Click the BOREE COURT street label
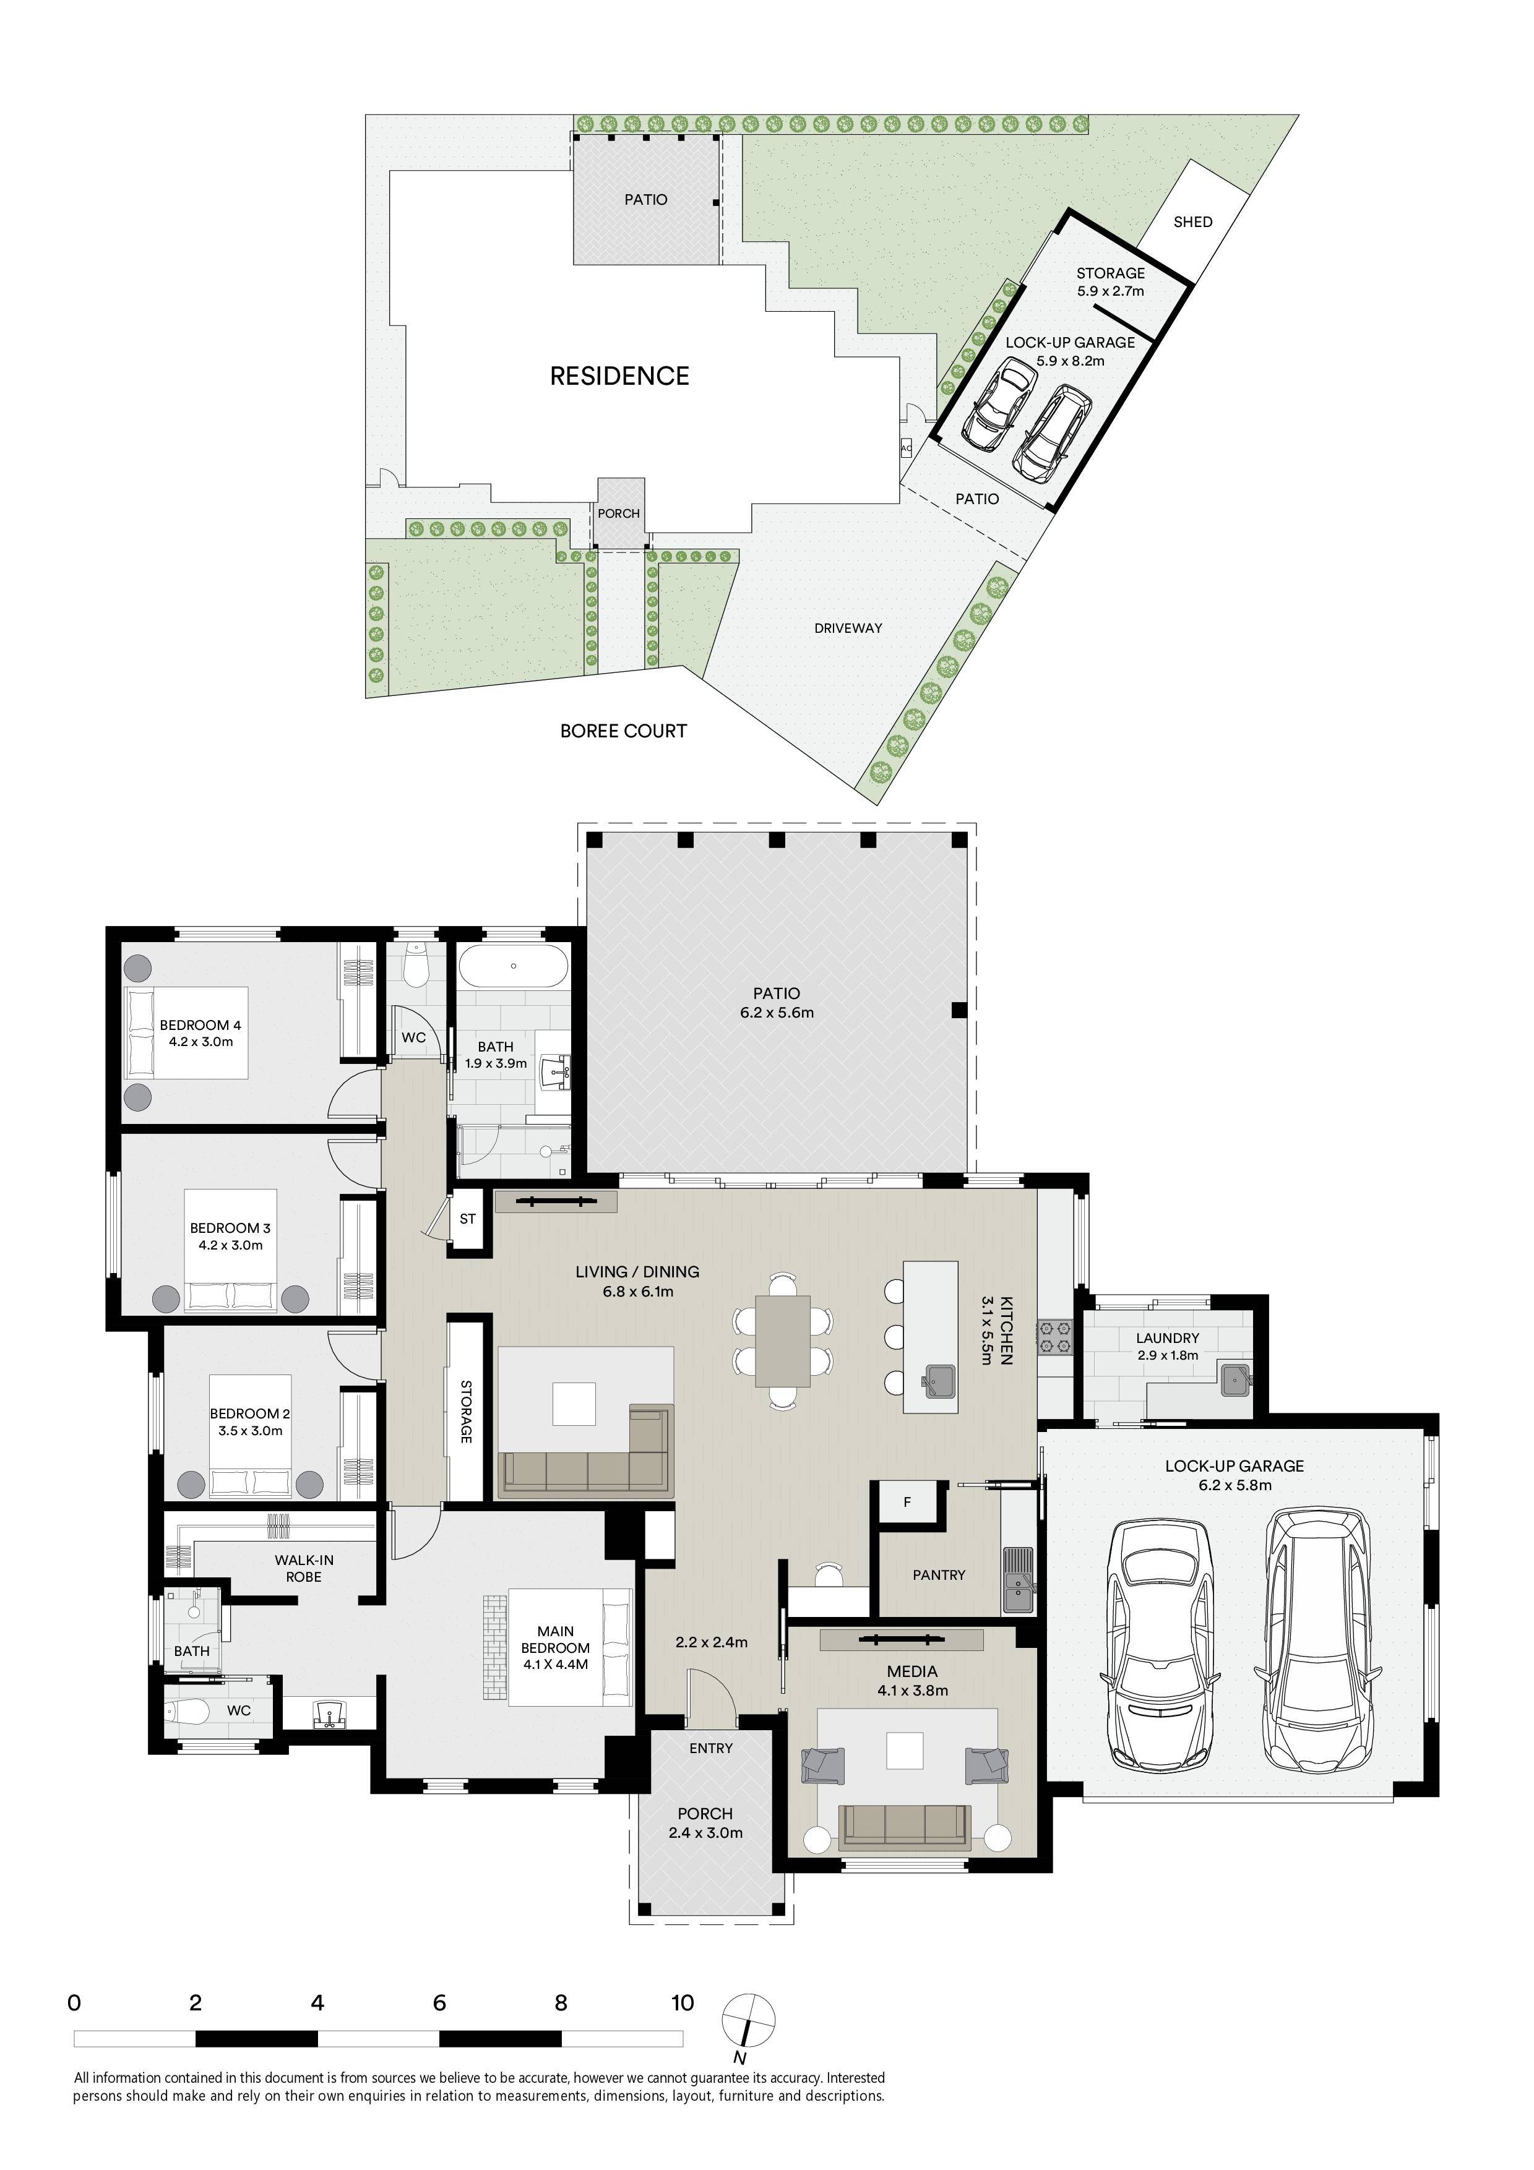[623, 731]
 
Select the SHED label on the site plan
[1193, 222]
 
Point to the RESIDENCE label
[620, 376]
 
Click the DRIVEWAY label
[848, 628]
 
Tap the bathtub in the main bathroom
[513, 966]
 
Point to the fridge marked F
[907, 1502]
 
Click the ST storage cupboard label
[468, 1219]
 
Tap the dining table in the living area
[783, 1340]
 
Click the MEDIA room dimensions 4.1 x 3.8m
[913, 1691]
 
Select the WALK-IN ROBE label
[304, 1568]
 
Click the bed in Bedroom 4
[186, 1033]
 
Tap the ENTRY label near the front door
[711, 1749]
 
